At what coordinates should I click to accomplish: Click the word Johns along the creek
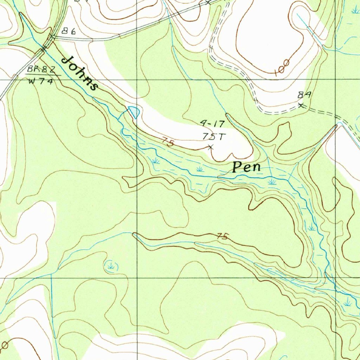(x=79, y=73)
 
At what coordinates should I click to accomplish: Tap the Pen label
(x=247, y=167)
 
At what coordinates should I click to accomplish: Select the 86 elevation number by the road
(x=69, y=31)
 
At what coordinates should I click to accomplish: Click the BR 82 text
(x=41, y=70)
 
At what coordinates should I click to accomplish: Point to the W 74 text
(x=40, y=82)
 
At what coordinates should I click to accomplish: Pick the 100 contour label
(x=282, y=68)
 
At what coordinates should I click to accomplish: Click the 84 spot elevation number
(x=304, y=95)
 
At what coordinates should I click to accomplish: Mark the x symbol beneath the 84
(x=301, y=105)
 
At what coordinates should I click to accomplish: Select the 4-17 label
(x=212, y=124)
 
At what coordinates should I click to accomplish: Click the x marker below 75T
(x=211, y=148)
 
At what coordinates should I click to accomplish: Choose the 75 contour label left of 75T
(x=168, y=142)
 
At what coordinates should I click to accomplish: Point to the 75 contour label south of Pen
(x=222, y=237)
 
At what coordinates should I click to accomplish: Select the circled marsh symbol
(x=111, y=266)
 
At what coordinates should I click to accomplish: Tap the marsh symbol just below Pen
(x=271, y=182)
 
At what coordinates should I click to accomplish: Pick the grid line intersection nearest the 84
(x=335, y=80)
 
